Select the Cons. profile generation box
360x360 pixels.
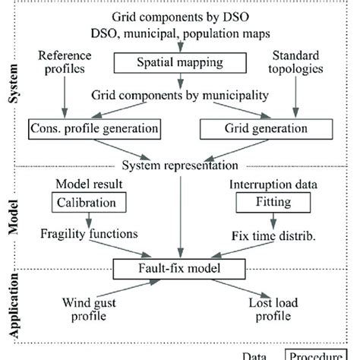pos(88,129)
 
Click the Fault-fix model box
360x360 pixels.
pos(179,269)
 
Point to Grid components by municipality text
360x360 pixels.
pos(179,97)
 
